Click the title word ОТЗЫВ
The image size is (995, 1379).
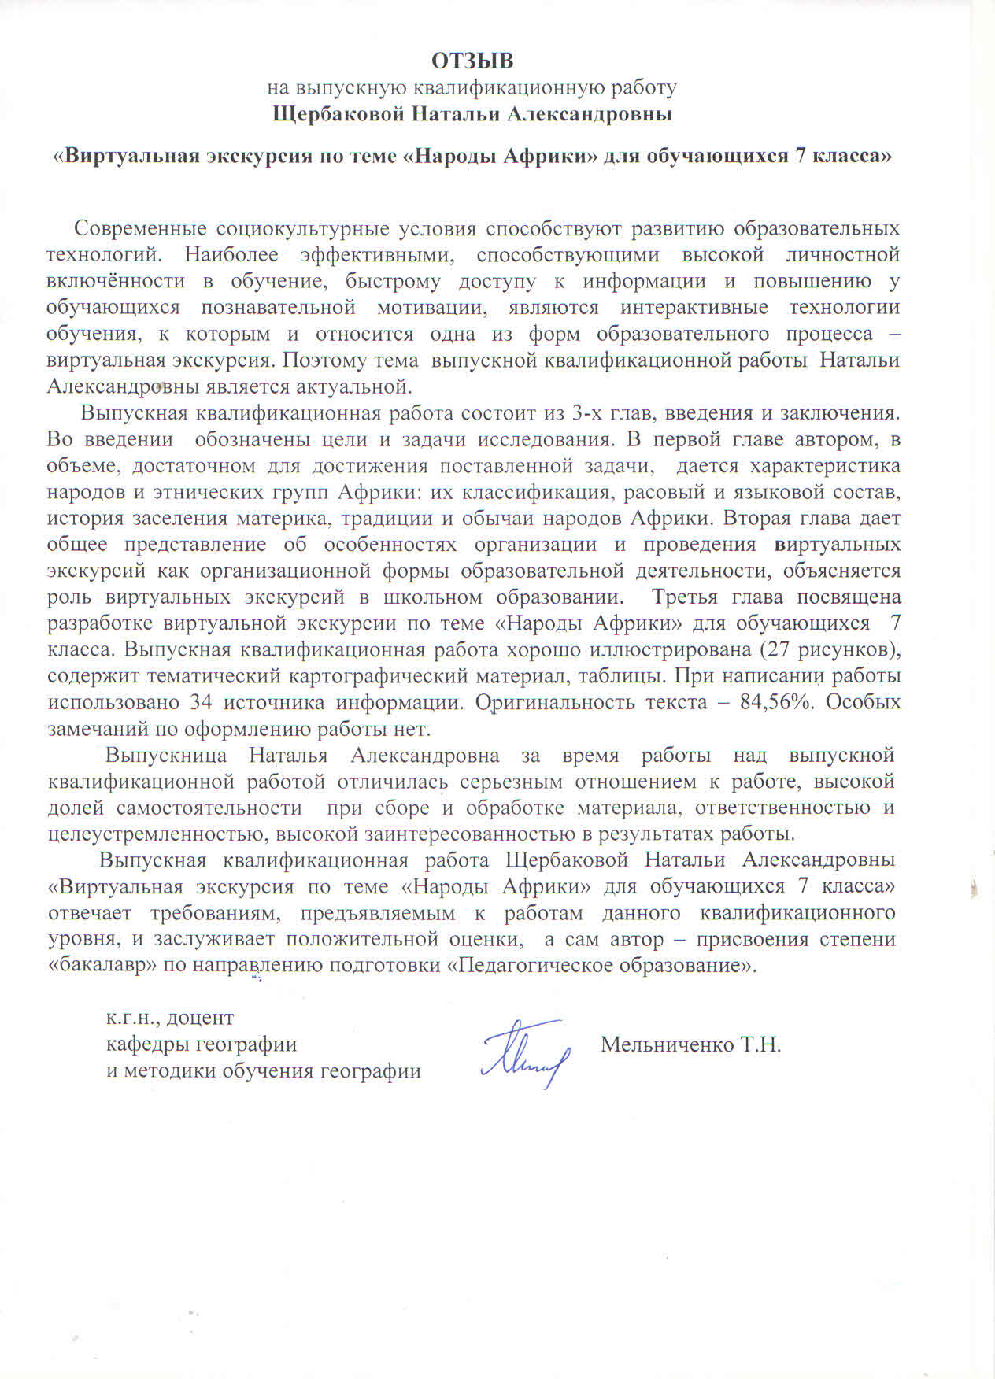tap(472, 61)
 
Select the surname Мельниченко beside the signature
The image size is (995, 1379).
tap(666, 1044)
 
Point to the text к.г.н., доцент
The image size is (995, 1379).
tap(170, 1018)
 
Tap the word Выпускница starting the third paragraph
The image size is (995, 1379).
tap(166, 756)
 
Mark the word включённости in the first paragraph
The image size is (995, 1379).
tap(116, 281)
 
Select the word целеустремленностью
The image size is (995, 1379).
tap(148, 834)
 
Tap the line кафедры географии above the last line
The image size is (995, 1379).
tap(202, 1044)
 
